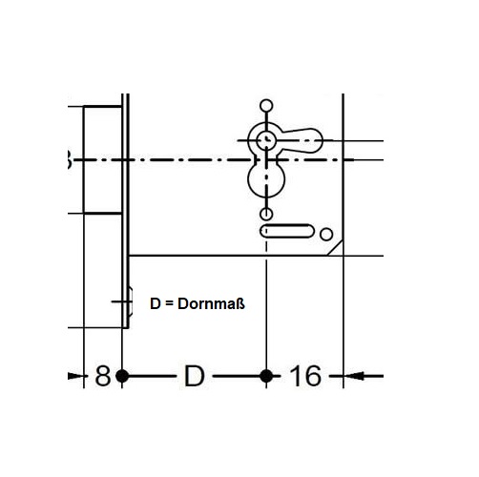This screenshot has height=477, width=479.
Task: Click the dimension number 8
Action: coord(103,376)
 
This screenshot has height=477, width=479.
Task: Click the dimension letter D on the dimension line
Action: coord(195,376)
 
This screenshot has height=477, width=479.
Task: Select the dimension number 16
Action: coord(305,376)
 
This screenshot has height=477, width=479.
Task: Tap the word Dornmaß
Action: coord(211,303)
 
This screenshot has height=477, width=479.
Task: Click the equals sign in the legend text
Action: coord(170,304)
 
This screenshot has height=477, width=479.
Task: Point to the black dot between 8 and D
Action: coord(122,376)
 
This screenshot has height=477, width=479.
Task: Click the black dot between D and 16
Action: coord(266,376)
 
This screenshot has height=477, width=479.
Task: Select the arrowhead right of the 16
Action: coord(354,376)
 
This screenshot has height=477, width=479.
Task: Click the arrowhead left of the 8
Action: coord(75,376)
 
